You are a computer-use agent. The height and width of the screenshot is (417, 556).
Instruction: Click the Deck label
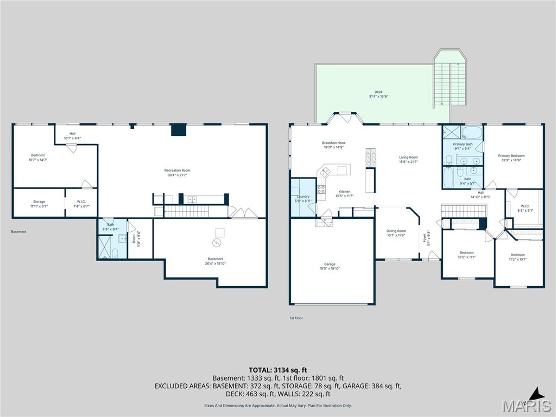378,92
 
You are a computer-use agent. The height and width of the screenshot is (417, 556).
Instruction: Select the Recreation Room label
178,170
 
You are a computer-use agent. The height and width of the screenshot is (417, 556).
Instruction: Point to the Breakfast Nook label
333,143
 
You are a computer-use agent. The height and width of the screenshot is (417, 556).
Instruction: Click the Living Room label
408,157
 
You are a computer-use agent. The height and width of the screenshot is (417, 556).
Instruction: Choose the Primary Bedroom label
511,156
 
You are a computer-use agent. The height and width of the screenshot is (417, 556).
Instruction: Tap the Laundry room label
303,197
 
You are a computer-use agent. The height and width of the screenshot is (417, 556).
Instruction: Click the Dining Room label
396,231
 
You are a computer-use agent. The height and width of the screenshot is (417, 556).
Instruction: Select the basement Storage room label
39,202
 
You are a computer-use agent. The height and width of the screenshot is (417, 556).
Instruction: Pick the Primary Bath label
463,144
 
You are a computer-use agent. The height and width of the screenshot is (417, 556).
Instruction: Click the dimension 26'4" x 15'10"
216,263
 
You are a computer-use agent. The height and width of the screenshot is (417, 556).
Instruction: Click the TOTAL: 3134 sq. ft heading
278,370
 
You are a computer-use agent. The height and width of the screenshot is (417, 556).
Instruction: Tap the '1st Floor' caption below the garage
296,318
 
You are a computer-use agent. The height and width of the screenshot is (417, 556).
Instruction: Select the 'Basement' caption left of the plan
18,232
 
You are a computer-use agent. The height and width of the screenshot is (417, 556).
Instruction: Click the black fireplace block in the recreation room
178,130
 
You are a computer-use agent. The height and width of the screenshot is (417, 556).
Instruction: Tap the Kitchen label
345,192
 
